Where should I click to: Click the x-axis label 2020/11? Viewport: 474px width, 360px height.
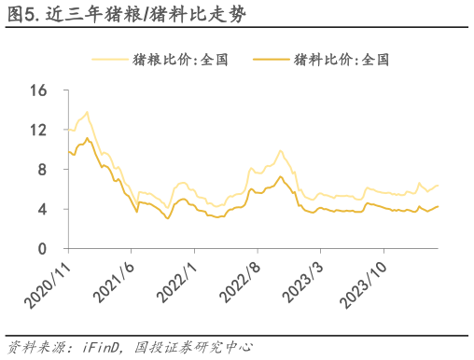pyautogui.click(x=48, y=282)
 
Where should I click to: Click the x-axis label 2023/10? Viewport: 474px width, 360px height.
pyautogui.click(x=363, y=282)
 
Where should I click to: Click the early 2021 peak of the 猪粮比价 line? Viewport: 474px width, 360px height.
pyautogui.click(x=87, y=112)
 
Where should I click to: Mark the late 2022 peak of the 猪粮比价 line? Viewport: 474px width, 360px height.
pyautogui.click(x=280, y=150)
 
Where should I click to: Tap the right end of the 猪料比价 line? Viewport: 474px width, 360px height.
pyautogui.click(x=438, y=207)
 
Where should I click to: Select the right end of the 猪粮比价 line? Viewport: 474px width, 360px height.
pyautogui.click(x=438, y=186)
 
